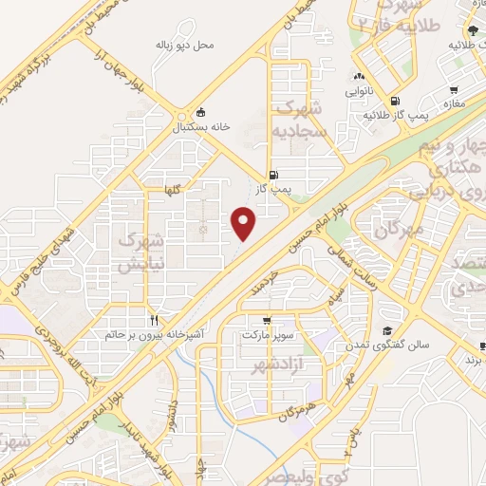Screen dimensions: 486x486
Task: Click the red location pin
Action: point(245,224)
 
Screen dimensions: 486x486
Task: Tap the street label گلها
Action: point(171,189)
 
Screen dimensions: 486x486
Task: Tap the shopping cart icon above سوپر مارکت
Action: point(269,321)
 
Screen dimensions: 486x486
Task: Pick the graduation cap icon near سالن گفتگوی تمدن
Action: point(387,329)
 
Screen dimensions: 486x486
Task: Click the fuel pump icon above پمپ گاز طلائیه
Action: point(394,102)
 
